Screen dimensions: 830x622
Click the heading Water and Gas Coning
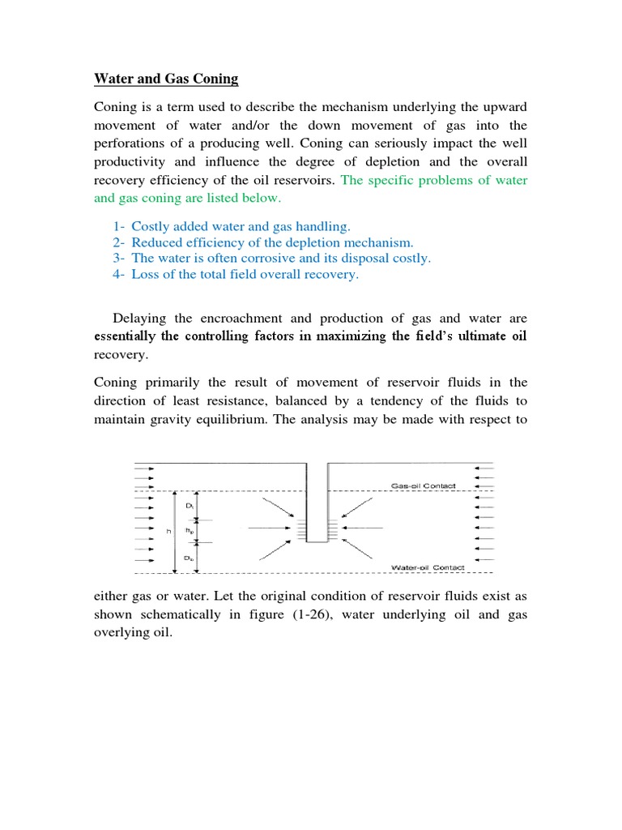coord(166,79)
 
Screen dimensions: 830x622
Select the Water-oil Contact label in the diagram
coord(427,567)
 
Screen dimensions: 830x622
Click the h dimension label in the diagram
coord(169,531)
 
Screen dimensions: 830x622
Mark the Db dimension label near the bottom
coord(188,558)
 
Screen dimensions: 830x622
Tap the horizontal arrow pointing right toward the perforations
coord(273,528)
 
